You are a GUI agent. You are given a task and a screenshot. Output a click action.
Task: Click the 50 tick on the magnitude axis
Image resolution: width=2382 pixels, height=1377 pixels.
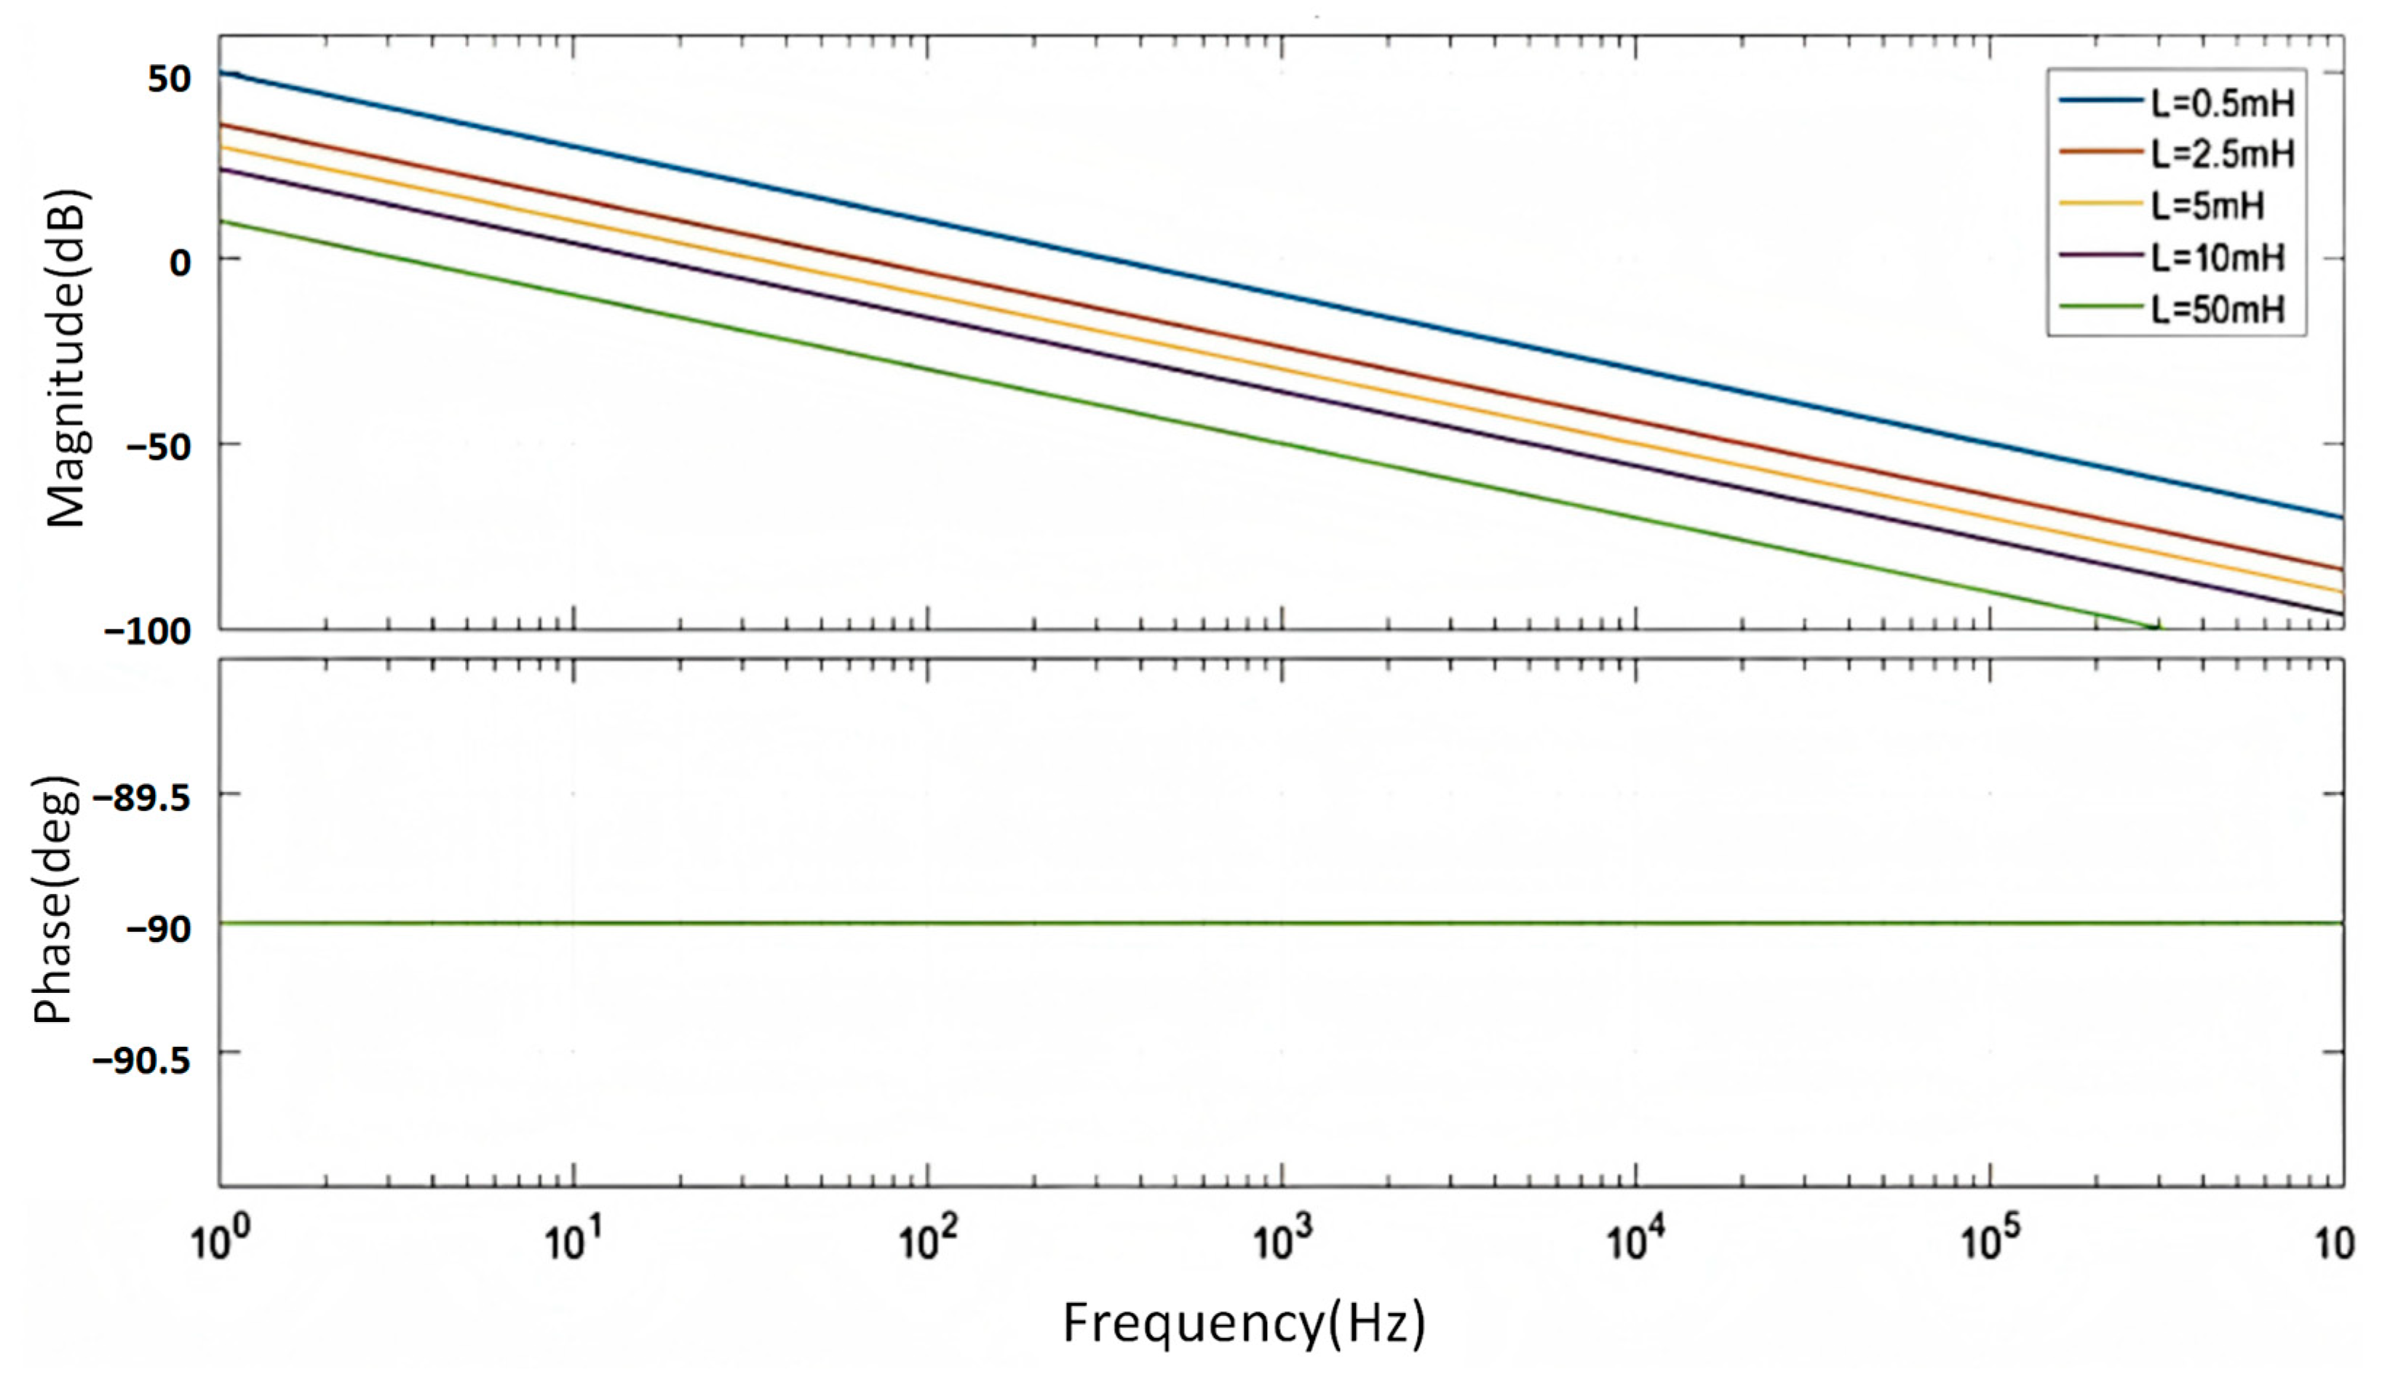click(168, 79)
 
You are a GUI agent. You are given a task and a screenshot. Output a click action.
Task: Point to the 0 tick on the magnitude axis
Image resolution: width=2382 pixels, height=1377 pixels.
click(180, 262)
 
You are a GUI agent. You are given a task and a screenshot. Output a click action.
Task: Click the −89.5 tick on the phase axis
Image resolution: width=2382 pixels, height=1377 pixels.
click(141, 799)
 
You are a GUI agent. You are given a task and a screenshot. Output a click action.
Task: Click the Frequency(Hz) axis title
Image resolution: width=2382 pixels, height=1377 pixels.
click(1244, 1323)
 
